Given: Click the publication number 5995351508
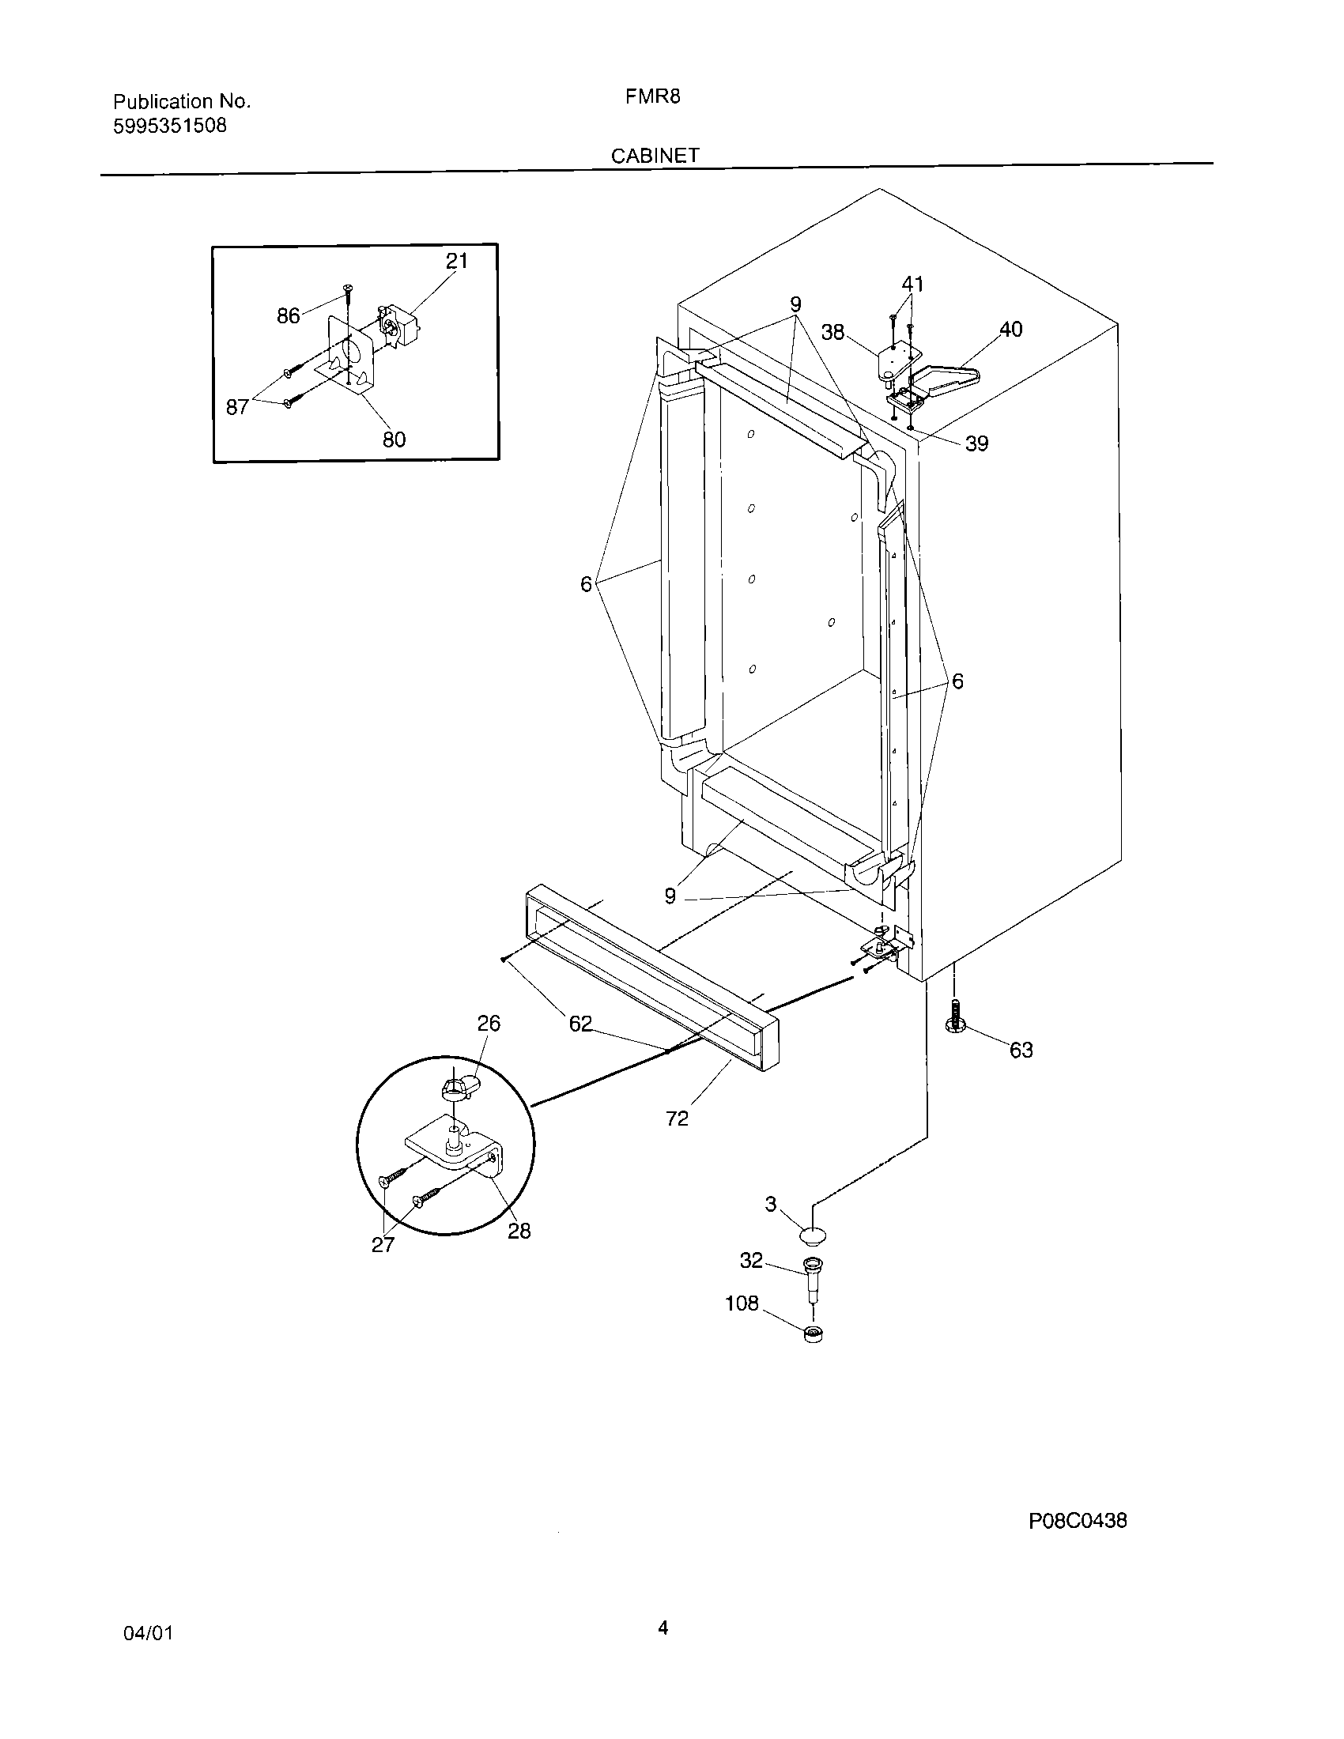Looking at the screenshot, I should tap(170, 126).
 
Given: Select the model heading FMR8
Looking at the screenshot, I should tap(652, 97).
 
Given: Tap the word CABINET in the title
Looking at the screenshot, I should tap(655, 156).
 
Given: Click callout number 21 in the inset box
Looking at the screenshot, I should tap(457, 260).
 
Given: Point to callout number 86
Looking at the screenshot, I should tap(288, 316).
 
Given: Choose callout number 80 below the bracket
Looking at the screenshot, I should tap(395, 439).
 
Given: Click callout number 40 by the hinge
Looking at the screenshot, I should tap(1010, 329).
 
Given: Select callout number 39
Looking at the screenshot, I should tap(976, 443).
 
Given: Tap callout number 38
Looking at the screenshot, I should tap(832, 332).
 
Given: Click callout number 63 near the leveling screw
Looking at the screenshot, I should tap(1021, 1051).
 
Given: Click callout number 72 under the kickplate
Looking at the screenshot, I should tap(677, 1118).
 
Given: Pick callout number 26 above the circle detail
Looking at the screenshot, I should tap(489, 1023).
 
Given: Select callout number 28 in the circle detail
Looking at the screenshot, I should tap(519, 1230).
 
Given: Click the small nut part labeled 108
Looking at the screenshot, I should tap(813, 1334).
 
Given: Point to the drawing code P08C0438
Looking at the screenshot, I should tap(1078, 1521).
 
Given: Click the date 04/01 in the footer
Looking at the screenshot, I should tap(148, 1634).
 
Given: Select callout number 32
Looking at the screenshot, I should tap(751, 1261).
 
